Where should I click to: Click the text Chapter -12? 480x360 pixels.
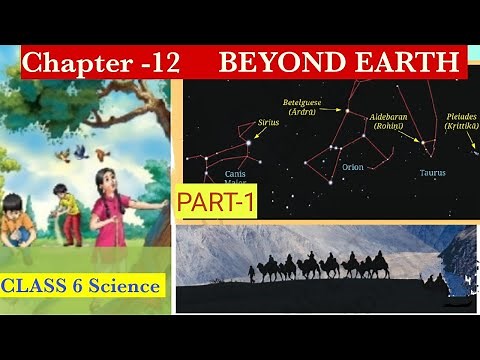(x=100, y=64)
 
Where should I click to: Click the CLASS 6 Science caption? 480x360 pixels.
(x=81, y=287)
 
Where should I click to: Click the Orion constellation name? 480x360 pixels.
(x=353, y=168)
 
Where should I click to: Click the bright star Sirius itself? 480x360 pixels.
(x=247, y=143)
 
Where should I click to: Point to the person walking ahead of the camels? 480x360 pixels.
(x=251, y=273)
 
